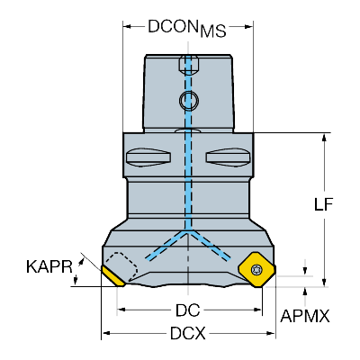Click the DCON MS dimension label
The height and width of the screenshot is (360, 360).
(186, 29)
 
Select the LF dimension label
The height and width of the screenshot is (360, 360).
(324, 204)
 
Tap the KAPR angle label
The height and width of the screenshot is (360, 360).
(49, 266)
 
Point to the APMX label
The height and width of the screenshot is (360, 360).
(305, 316)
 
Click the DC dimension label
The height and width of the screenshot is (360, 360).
(188, 310)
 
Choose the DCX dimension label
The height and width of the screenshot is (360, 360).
(188, 333)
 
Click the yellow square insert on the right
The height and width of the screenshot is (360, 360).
(256, 270)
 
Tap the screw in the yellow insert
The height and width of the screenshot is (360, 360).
(256, 269)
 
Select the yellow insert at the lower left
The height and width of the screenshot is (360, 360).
(113, 276)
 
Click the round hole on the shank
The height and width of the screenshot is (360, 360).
(189, 100)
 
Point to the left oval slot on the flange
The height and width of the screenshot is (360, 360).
(148, 157)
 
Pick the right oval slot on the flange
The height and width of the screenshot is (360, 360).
(228, 157)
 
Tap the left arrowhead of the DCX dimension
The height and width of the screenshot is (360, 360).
(106, 333)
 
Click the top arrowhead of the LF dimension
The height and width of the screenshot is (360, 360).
(324, 138)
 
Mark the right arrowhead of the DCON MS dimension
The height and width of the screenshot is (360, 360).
(249, 26)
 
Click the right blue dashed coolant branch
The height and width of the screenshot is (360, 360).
(210, 245)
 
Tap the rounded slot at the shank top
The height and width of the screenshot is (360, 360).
(189, 64)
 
